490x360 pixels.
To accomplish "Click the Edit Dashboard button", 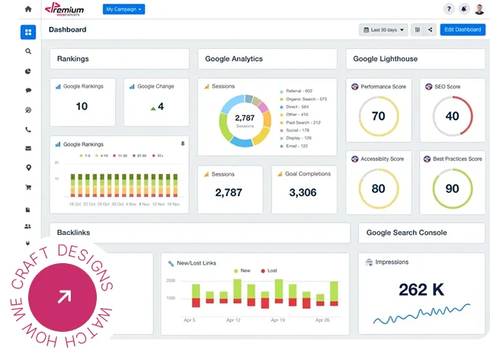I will point(462,30).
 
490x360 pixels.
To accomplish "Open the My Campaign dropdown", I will point(123,9).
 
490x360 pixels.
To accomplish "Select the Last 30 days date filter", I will point(383,30).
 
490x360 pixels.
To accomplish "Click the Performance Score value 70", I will point(378,117).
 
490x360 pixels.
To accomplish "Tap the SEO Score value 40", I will point(452,117).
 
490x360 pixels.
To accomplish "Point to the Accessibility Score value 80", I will point(378,188).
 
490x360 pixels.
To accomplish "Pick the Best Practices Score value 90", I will point(452,188).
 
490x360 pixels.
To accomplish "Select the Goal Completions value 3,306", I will point(303,193).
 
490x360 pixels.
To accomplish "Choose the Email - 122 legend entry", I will point(296,145).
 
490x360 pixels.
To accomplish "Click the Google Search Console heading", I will point(406,233).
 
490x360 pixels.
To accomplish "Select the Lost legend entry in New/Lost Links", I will point(270,271).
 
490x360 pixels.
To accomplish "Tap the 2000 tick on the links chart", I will point(171,281).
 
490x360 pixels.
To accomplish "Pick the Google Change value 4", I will point(157,106).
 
